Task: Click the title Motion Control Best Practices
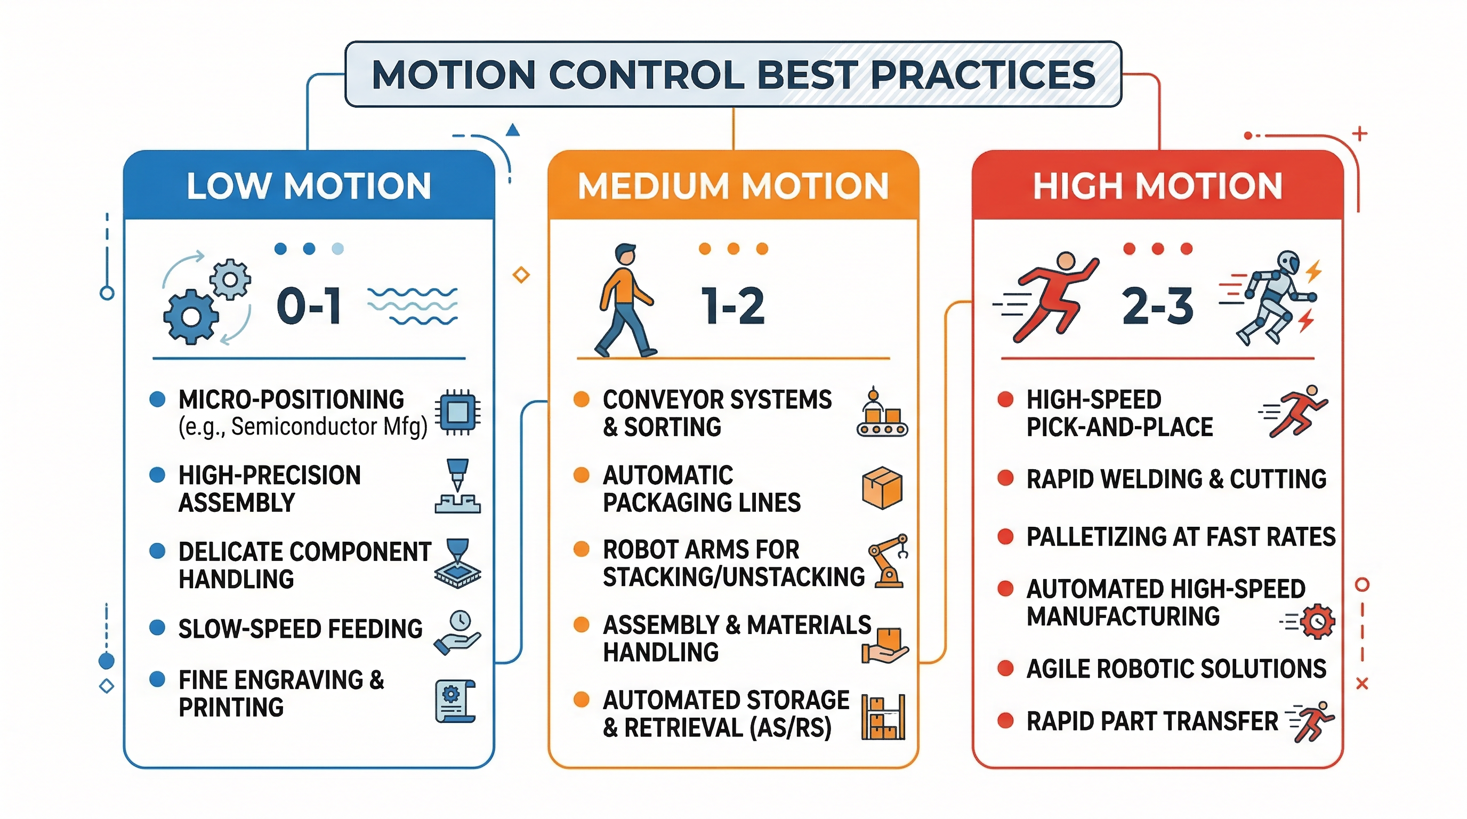(x=733, y=75)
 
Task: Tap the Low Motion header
(x=309, y=186)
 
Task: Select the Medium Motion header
(x=733, y=186)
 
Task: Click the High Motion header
(x=1157, y=186)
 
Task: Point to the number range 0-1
(x=309, y=306)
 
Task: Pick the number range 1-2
(x=733, y=306)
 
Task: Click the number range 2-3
(x=1157, y=306)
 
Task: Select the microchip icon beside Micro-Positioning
(x=457, y=412)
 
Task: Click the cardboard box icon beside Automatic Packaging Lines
(x=882, y=487)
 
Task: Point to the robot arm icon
(x=887, y=561)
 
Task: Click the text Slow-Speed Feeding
(x=300, y=629)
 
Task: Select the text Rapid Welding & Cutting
(x=1176, y=479)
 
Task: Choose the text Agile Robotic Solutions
(x=1176, y=669)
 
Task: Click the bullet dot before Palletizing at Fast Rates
(x=1006, y=536)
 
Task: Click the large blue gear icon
(x=191, y=317)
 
